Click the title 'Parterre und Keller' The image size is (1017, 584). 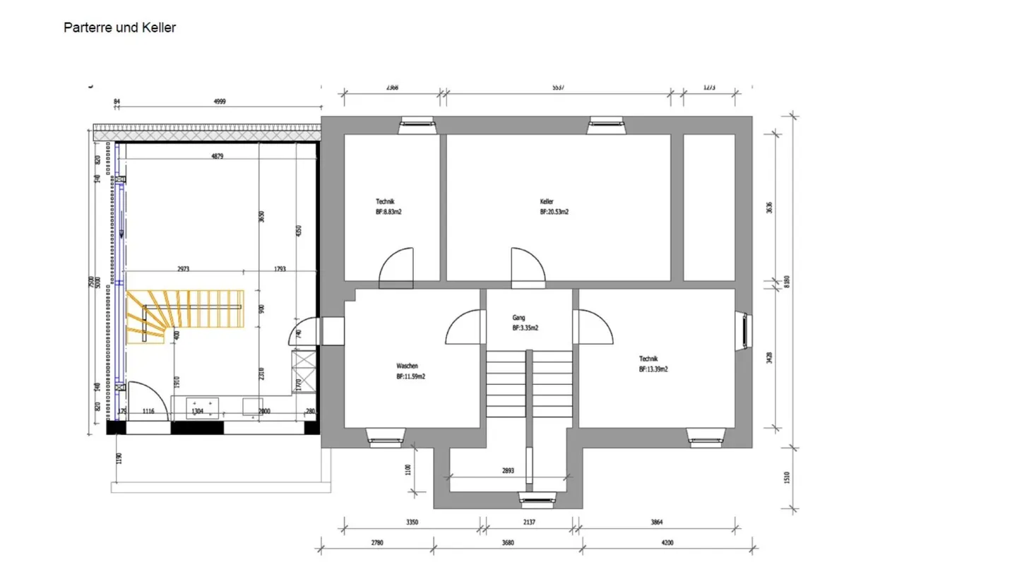[119, 28]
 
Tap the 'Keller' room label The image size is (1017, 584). [547, 201]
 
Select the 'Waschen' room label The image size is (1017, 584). [407, 367]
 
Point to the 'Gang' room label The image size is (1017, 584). [518, 318]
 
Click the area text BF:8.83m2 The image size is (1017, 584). [388, 211]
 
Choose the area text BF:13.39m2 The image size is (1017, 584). [653, 369]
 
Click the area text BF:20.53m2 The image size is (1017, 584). [554, 211]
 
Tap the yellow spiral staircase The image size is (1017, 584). [184, 316]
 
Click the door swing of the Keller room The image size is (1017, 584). [527, 267]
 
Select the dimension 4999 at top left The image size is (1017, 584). [220, 102]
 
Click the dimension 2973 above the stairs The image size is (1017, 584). [183, 269]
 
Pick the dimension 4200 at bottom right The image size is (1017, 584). [667, 542]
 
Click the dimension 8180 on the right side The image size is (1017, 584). [787, 281]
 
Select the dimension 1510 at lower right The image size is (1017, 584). [787, 477]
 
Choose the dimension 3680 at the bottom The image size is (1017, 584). [508, 542]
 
